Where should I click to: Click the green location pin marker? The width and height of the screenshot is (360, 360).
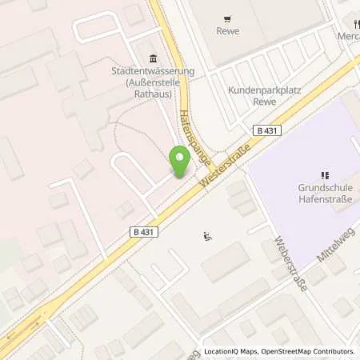pyautogui.click(x=180, y=162)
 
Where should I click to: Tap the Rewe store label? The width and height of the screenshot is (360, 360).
pyautogui.click(x=228, y=31)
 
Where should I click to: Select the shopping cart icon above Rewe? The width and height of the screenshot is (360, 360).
pyautogui.click(x=228, y=18)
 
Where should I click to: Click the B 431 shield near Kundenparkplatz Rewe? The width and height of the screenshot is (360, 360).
pyautogui.click(x=265, y=129)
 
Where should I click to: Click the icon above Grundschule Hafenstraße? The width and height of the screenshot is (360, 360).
pyautogui.click(x=325, y=174)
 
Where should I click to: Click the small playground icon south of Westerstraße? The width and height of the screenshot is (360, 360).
pyautogui.click(x=207, y=235)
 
